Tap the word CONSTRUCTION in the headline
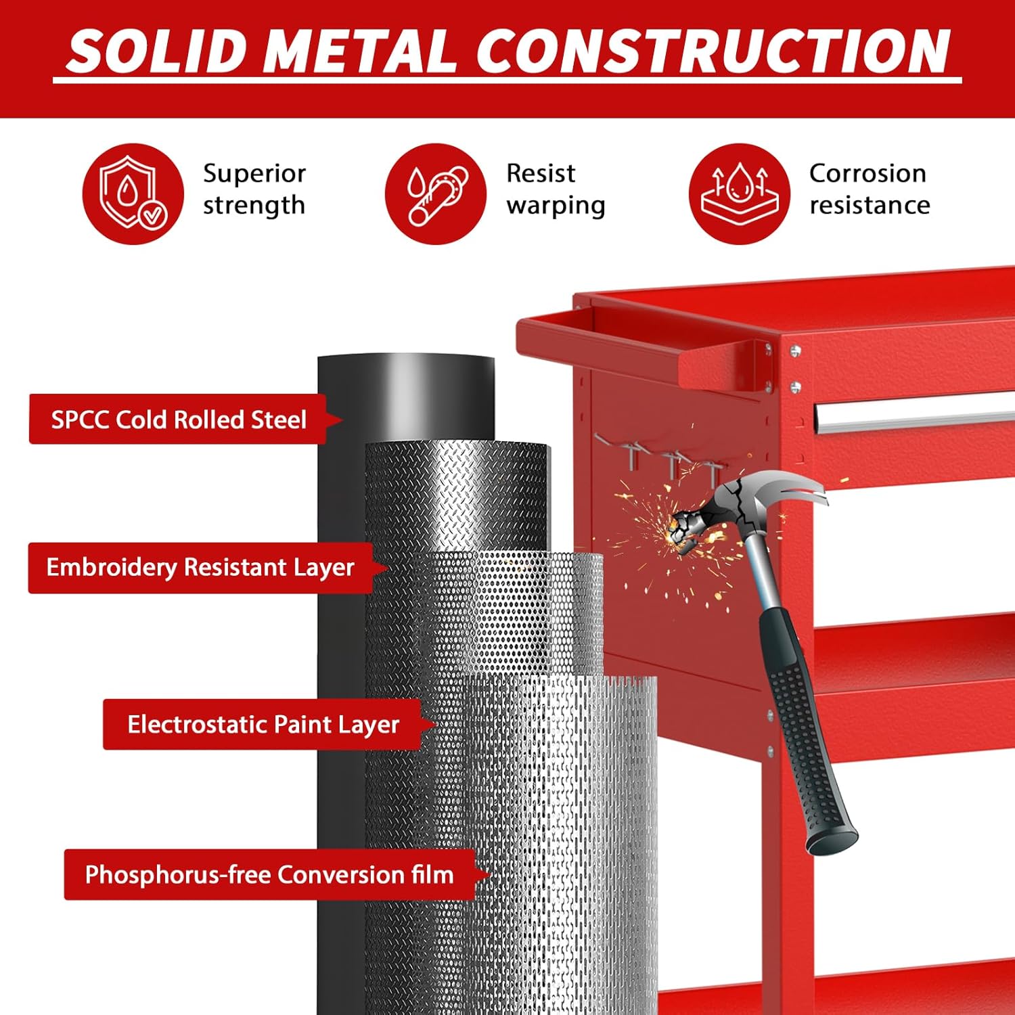(x=713, y=51)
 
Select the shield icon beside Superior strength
(x=133, y=194)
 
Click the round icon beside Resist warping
(x=436, y=194)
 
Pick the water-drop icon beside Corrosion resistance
(x=740, y=194)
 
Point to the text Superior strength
(x=254, y=189)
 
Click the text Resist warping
(x=556, y=189)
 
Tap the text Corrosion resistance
(x=870, y=189)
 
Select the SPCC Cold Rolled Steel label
(x=179, y=420)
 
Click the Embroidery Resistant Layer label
(x=200, y=568)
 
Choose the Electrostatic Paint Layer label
(x=263, y=725)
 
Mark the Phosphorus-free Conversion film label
(x=269, y=875)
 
